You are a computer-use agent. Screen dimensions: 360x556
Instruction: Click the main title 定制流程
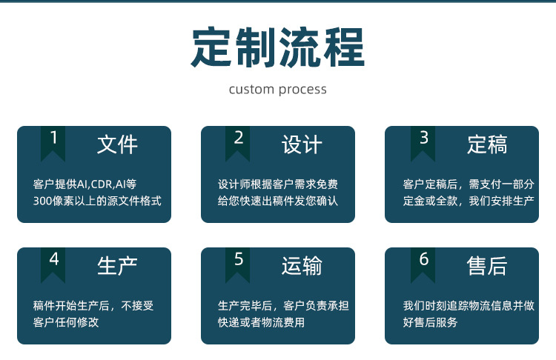pos(278,48)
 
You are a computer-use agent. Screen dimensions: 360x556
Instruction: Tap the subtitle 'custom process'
pos(278,90)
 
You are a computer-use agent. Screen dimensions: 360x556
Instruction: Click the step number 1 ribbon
pos(53,141)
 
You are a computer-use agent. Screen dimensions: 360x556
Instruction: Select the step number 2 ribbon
pos(238,141)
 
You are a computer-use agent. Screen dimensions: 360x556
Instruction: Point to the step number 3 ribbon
pos(423,141)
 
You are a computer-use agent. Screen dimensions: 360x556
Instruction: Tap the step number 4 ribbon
pos(53,263)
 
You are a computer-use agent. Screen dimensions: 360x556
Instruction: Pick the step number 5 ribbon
pos(238,263)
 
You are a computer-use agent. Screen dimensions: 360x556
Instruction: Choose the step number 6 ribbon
pos(423,263)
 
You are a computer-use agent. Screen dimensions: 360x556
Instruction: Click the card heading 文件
pos(117,144)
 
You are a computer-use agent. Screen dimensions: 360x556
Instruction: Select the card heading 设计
pos(302,144)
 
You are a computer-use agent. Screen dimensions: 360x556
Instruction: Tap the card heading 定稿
pos(487,144)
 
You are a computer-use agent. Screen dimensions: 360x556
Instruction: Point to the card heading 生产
pos(117,266)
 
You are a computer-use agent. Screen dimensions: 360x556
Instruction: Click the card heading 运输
pos(302,266)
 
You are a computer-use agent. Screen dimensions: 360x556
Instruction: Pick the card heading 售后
pos(487,266)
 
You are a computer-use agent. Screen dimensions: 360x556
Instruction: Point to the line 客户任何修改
pos(66,322)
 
